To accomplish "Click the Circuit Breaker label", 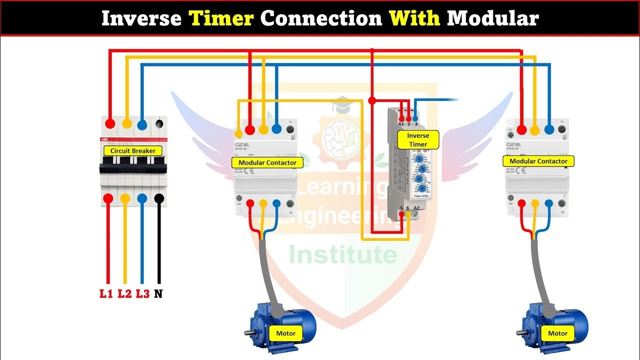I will [133, 150].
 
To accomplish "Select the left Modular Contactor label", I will [267, 162].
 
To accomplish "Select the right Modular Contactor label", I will [538, 161].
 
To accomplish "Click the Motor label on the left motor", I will [286, 333].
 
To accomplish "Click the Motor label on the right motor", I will [557, 333].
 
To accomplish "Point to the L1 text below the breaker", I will [106, 293].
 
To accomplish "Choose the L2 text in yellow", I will [124, 293].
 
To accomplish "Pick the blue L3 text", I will [142, 293].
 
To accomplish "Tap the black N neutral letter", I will [158, 293].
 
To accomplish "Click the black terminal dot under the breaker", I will [159, 198].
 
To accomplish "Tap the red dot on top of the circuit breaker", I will [110, 123].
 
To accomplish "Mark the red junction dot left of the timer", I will [371, 100].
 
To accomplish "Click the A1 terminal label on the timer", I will [401, 123].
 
